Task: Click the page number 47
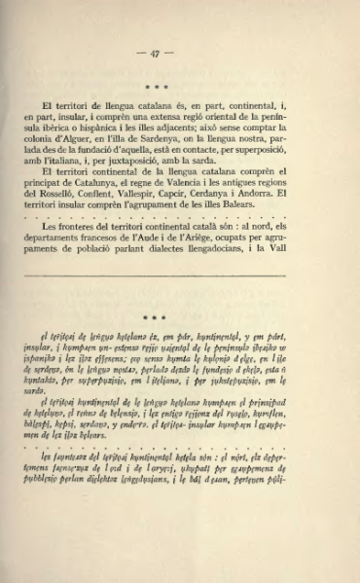pos(180,55)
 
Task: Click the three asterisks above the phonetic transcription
pos(180,317)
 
